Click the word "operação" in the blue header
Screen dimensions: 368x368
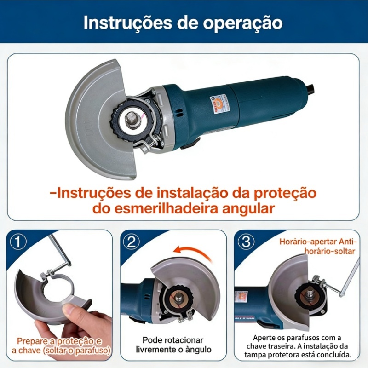click(x=243, y=23)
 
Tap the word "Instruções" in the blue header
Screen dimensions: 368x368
click(x=128, y=22)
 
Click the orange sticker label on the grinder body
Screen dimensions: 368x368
click(x=216, y=105)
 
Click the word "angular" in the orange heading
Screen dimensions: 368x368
click(x=248, y=209)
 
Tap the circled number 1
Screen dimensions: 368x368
click(x=18, y=242)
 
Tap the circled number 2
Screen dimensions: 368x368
click(x=132, y=242)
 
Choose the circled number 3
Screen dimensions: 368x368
click(x=246, y=242)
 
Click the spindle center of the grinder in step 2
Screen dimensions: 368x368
click(x=178, y=297)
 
